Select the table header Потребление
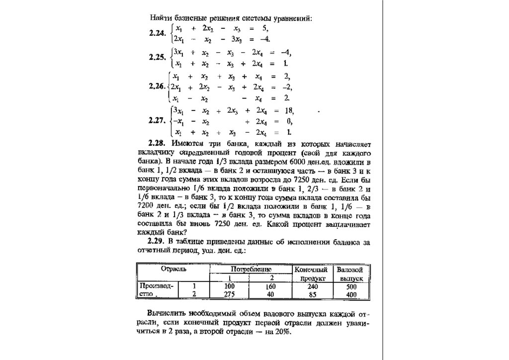[251, 269]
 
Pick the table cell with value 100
[229, 286]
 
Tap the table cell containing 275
[229, 294]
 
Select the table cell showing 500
[351, 286]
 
